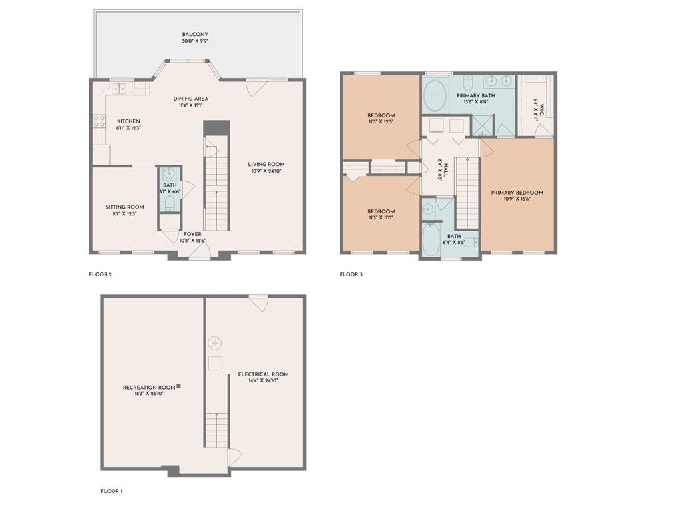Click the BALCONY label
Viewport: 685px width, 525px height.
pyautogui.click(x=196, y=34)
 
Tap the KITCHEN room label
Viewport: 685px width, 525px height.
pyautogui.click(x=128, y=121)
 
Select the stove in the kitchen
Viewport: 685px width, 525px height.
pyautogui.click(x=99, y=121)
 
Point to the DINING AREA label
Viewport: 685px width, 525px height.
pyautogui.click(x=192, y=98)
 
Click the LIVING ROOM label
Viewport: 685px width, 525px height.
pyautogui.click(x=266, y=165)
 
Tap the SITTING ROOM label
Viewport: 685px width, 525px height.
pyautogui.click(x=124, y=207)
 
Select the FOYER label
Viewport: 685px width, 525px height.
pyautogui.click(x=193, y=234)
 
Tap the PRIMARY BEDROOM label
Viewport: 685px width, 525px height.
pyautogui.click(x=517, y=193)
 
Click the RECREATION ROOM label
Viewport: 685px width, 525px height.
pyautogui.click(x=148, y=387)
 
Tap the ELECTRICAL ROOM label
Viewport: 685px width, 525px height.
pyautogui.click(x=263, y=374)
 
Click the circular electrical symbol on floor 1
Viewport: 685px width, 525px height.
pyautogui.click(x=214, y=344)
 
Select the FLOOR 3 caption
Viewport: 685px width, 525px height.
pyautogui.click(x=351, y=274)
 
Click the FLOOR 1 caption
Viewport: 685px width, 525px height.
pyautogui.click(x=111, y=491)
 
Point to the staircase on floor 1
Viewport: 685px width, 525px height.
pyautogui.click(x=216, y=430)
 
